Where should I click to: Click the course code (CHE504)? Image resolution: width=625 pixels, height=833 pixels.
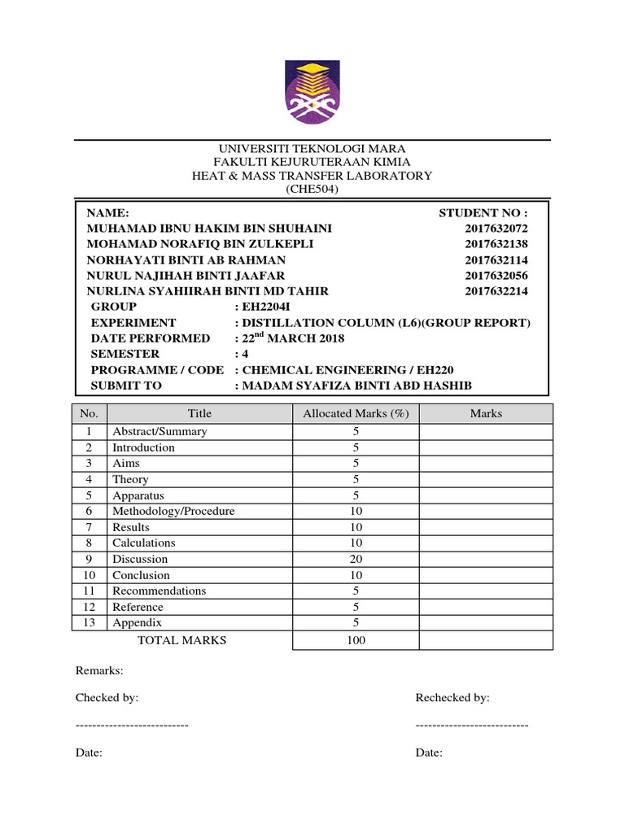312,190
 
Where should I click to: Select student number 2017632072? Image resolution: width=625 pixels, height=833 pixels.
496,229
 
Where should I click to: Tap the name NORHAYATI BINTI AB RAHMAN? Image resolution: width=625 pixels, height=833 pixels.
186,259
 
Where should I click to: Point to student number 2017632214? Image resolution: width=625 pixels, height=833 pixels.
496,291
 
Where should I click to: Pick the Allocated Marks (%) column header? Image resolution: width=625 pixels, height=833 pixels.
356,413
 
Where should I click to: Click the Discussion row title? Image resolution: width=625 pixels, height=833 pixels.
140,559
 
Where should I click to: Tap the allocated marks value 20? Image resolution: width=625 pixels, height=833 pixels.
356,559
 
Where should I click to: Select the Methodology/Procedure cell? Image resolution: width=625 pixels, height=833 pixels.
173,511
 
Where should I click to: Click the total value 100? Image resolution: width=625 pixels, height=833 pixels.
356,640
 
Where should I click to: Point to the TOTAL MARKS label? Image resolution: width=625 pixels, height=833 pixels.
182,640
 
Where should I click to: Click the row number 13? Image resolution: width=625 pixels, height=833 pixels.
90,622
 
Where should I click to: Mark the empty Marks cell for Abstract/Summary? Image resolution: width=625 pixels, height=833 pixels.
486,431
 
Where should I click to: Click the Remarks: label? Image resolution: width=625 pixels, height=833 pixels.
99,671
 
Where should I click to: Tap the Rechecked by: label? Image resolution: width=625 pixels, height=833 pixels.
452,698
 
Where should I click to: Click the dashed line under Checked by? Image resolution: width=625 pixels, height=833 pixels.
132,725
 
